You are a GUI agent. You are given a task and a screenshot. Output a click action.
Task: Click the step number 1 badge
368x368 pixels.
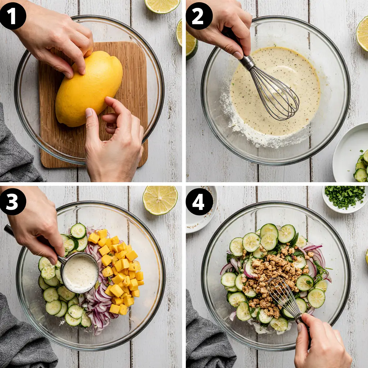13,16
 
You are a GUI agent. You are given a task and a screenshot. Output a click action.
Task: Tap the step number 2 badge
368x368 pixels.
199,16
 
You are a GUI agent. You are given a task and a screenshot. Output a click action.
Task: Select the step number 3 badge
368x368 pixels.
13,202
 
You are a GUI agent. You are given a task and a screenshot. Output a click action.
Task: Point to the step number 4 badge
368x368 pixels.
199,202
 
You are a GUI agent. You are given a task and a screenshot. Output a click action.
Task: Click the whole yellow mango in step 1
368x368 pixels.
89,88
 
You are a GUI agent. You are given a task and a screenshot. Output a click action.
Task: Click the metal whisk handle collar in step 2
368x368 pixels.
247,63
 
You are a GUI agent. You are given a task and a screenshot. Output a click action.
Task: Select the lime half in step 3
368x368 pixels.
160,200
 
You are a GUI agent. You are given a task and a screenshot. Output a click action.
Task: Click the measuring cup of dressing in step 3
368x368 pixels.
80,273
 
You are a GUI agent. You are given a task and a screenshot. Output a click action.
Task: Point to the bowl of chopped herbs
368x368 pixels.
345,199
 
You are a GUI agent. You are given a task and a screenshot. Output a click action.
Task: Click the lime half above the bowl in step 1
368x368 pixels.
162,6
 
